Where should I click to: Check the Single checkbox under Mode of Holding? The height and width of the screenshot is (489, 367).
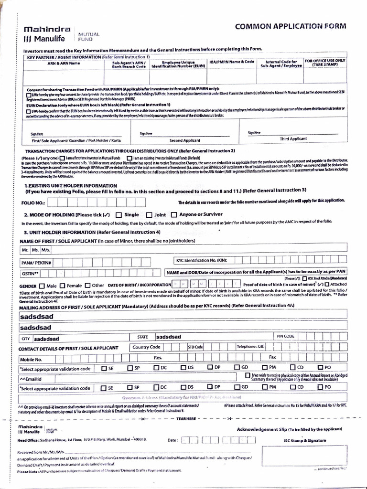tap(119, 214)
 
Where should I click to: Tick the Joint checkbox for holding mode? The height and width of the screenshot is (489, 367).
tap(149, 214)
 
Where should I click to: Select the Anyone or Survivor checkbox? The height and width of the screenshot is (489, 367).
tap(174, 214)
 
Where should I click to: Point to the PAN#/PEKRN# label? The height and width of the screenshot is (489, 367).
tap(36, 263)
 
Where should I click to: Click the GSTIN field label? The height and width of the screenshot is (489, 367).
tap(30, 274)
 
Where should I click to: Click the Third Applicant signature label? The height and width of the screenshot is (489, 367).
tap(293, 138)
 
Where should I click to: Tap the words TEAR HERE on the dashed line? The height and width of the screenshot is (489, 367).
tap(186, 418)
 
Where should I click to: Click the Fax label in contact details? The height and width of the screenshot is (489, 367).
tap(272, 357)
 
